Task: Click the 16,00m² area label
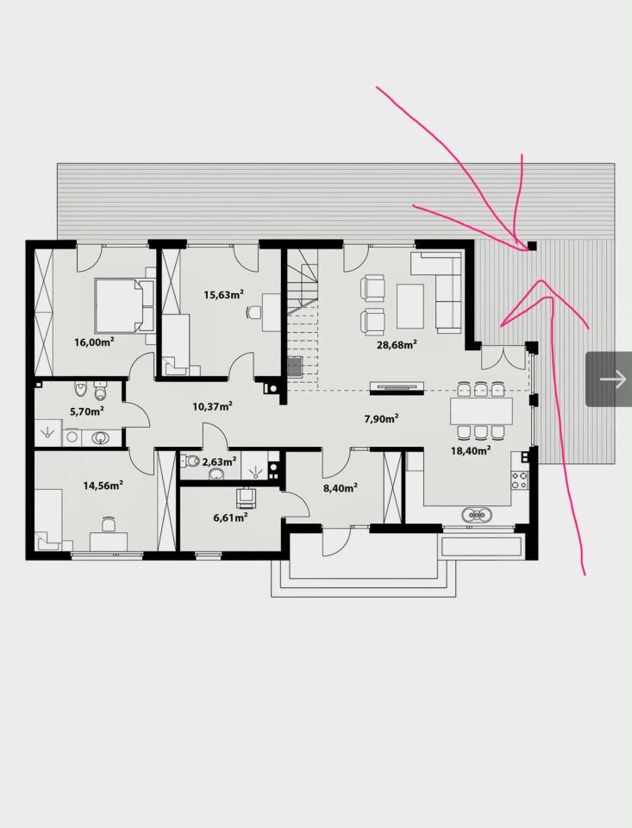[x=95, y=342]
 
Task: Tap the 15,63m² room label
[x=224, y=294]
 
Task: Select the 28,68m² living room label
[x=397, y=345]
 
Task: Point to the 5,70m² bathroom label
[x=86, y=411]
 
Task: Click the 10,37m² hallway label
[x=213, y=406]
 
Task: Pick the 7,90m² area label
[x=381, y=419]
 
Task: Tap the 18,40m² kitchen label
[x=471, y=450]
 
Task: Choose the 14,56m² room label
[x=103, y=485]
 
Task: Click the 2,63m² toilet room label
[x=219, y=461]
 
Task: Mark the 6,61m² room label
[x=231, y=517]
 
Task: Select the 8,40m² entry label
[x=341, y=488]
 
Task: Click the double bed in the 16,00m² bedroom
[x=124, y=305]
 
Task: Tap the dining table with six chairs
[x=481, y=411]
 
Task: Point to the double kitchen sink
[x=477, y=514]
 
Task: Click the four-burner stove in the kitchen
[x=518, y=480]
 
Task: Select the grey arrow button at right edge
[x=609, y=379]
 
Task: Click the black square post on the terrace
[x=532, y=246]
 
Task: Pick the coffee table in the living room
[x=410, y=305]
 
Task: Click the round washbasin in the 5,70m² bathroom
[x=101, y=438]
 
